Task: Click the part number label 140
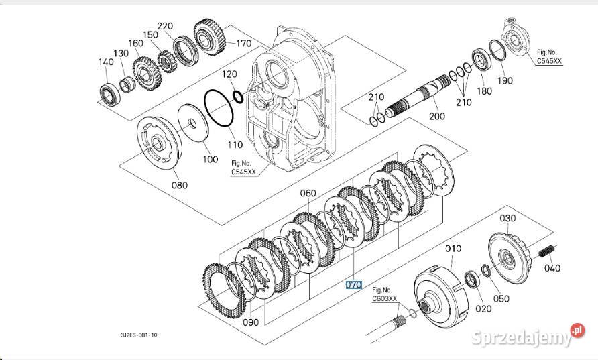[x=105, y=62]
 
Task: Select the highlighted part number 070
[x=353, y=285]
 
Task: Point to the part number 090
[x=251, y=322]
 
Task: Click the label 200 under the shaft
[x=436, y=116]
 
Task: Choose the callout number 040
[x=551, y=269]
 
